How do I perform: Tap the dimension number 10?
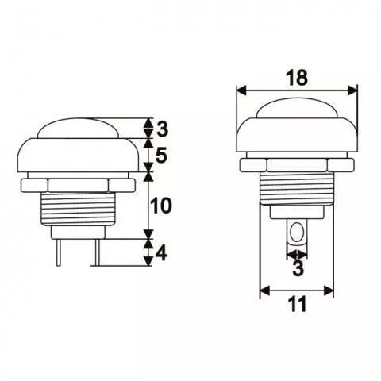click(161, 206)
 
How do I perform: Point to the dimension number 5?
click(161, 156)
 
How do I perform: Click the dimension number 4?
click(161, 254)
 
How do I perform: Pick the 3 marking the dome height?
click(161, 128)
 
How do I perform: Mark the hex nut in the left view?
click(76, 183)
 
